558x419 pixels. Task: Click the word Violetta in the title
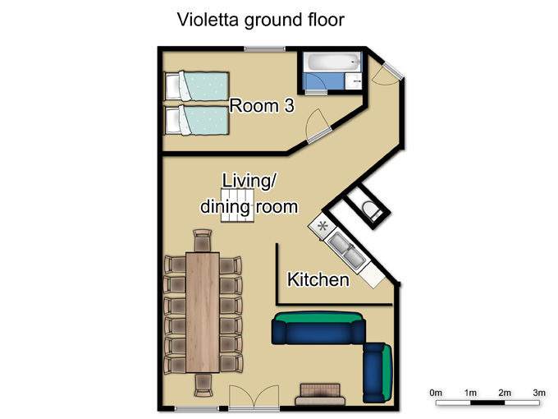tap(208, 20)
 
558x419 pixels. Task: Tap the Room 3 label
tap(262, 106)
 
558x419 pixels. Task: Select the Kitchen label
tap(318, 279)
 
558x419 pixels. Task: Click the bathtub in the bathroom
tap(334, 62)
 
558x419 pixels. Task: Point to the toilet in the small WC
tap(371, 210)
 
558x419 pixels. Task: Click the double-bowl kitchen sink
tap(346, 250)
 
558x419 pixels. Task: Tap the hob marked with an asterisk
tap(322, 226)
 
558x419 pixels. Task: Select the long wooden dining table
tap(203, 312)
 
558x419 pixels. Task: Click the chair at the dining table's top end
tap(203, 241)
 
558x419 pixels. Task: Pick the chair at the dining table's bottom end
tap(204, 385)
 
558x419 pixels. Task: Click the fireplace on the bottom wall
tap(320, 395)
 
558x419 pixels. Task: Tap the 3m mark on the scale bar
tap(539, 393)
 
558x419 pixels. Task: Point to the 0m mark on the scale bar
tap(436, 393)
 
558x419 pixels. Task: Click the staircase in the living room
tap(238, 206)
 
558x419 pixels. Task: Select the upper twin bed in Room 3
tap(196, 86)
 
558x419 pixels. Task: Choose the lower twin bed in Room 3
tap(196, 120)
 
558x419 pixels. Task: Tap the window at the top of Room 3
tap(264, 48)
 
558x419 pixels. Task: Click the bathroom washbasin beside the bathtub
tap(354, 81)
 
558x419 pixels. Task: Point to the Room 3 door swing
tap(318, 126)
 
